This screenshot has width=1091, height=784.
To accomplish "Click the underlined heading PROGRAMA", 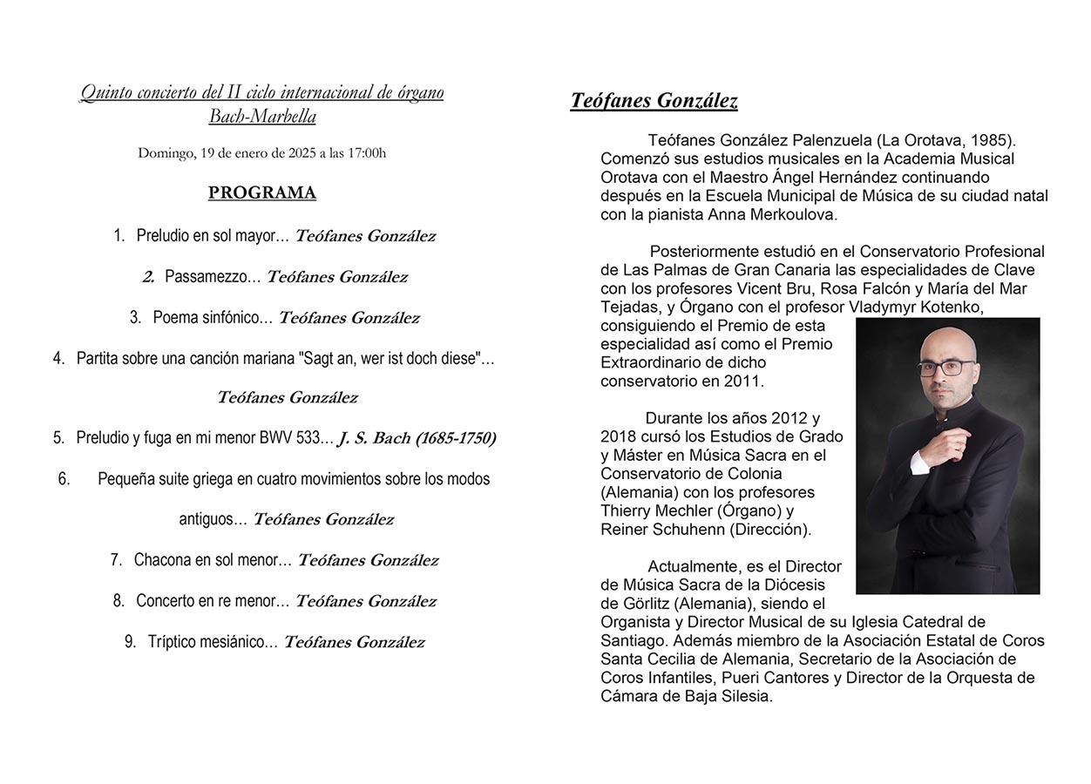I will click(x=261, y=193).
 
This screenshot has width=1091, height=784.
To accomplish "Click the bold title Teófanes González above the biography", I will click(x=654, y=101).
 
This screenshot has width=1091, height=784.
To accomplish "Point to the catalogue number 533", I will click(x=308, y=438).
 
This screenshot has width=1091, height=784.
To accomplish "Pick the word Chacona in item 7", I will click(x=161, y=560).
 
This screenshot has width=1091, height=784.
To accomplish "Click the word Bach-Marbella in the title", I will click(x=261, y=116).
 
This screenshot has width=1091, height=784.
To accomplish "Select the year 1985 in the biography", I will click(x=992, y=140).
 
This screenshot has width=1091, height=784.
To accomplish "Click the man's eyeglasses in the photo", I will click(x=945, y=368).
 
